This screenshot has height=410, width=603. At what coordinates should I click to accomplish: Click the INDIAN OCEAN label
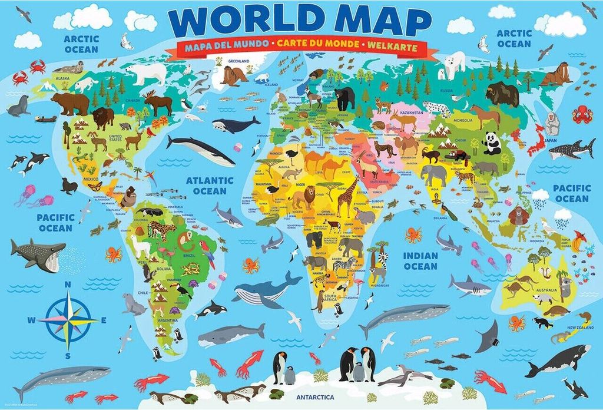point(420,261)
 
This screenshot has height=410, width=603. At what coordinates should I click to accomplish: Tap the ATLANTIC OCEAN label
point(210,186)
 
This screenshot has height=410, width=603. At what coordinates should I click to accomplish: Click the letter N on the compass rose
point(68,284)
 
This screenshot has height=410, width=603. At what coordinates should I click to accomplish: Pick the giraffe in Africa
point(347,195)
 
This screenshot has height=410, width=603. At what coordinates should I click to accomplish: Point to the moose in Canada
point(158,104)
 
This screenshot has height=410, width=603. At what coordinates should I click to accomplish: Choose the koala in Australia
point(566,288)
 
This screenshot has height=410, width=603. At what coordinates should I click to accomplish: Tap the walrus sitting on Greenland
point(236,75)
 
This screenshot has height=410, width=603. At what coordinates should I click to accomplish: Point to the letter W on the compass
point(32,320)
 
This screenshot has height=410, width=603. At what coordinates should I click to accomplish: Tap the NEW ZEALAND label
point(579,328)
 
